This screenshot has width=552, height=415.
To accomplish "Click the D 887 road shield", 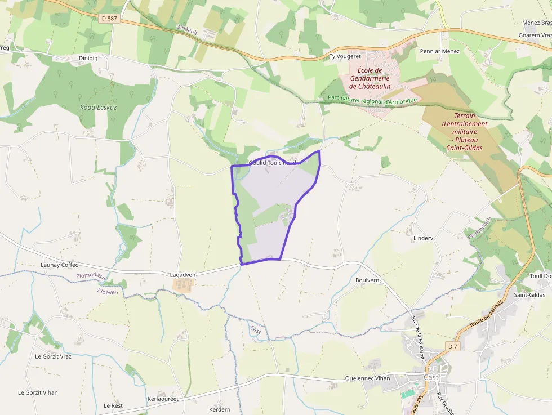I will [110, 19].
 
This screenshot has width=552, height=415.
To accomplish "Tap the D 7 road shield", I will [453, 346].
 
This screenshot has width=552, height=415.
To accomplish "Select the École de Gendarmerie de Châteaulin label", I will [370, 78].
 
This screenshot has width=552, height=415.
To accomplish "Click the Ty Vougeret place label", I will [345, 57].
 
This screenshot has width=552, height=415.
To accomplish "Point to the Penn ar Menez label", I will [440, 51].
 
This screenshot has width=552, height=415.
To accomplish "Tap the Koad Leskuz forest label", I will [98, 107].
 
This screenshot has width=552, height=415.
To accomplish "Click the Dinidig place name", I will [89, 57].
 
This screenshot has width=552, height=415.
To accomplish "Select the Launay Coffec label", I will [59, 265].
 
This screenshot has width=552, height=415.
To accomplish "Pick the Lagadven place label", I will [182, 275].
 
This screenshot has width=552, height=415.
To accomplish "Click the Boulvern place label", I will [367, 280].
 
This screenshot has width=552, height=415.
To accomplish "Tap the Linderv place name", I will [423, 238].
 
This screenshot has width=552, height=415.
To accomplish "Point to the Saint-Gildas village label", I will [529, 295].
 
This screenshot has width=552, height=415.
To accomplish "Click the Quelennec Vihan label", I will [367, 378].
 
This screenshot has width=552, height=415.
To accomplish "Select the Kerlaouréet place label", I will [162, 399].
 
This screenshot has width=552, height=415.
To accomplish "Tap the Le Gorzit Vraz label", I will [53, 356].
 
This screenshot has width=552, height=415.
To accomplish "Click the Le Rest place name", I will [113, 405].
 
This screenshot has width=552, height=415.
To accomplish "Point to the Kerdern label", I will [220, 409].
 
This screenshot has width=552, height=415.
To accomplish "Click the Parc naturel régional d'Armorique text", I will [372, 100].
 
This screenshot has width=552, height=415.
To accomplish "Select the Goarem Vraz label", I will [535, 35].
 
